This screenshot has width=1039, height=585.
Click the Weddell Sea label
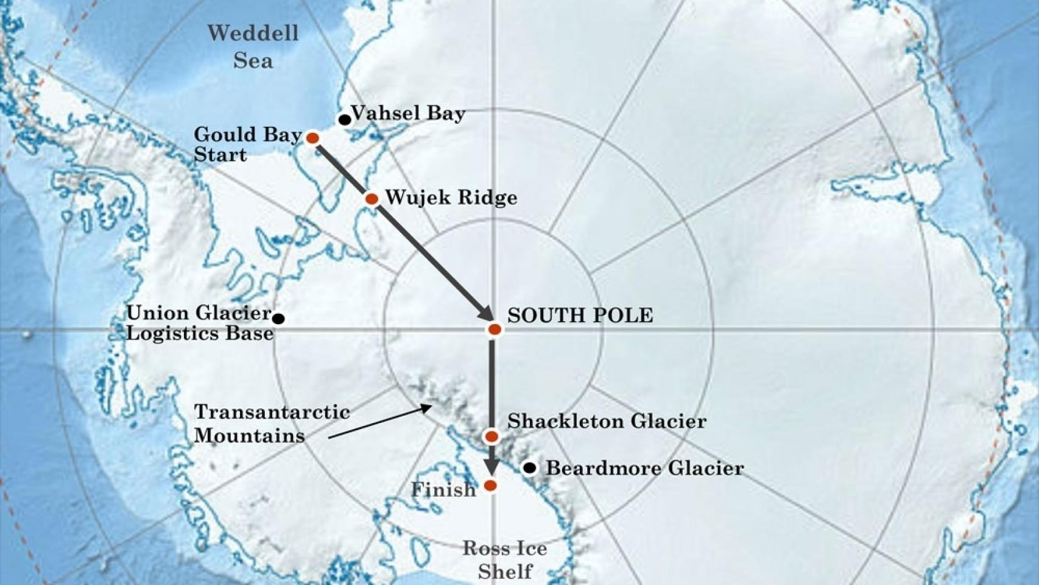pos(253,46)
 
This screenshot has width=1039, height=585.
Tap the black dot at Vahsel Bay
pos(345,119)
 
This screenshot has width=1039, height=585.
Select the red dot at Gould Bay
pos(312,138)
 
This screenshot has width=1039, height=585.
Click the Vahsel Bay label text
pos(408,113)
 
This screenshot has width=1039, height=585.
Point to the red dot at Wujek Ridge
pos(372,199)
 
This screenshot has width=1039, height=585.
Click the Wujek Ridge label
pos(451,197)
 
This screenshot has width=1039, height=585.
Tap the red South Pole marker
pos(495,330)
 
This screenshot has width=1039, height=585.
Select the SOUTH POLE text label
pos(580,315)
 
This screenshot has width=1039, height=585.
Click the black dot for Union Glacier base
pos(278,318)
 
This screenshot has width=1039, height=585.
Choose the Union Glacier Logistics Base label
pos(200,323)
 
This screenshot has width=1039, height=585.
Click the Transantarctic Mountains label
pos(271,424)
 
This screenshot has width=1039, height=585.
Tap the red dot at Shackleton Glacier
pos(491,436)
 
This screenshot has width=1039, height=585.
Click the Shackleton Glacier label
pos(607,421)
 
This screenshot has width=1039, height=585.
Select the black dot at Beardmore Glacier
pos(530,468)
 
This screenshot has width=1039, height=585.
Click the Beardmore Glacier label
pos(644,468)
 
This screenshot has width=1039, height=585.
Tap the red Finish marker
pos(490,486)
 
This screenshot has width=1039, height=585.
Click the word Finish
pos(443,489)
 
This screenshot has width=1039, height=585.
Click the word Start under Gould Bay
pos(220,155)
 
